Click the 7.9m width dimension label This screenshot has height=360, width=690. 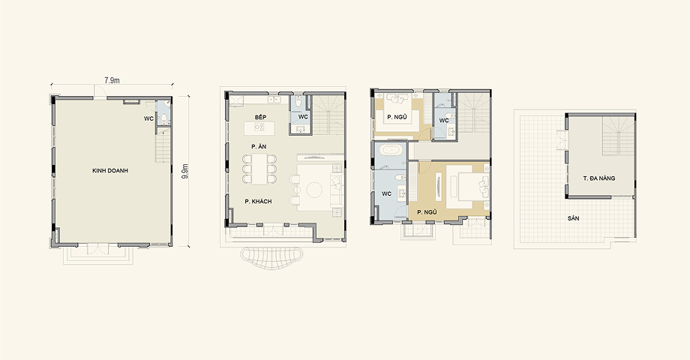(112, 80)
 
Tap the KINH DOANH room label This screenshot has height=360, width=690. (110, 171)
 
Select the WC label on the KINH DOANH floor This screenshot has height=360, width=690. (148, 118)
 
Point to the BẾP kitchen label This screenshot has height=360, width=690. (260, 117)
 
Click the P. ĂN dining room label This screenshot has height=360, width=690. (259, 146)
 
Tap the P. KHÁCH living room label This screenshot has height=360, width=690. (258, 202)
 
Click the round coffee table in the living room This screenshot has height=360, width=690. (315, 190)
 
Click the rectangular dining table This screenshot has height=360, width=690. (259, 169)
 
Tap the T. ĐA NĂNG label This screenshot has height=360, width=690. (599, 178)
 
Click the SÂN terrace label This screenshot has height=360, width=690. (574, 218)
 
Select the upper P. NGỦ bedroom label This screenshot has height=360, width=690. (397, 117)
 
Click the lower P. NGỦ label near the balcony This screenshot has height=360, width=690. (427, 212)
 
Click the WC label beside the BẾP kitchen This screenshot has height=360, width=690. (303, 117)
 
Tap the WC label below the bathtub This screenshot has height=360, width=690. (387, 193)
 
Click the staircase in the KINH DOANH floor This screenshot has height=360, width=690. (163, 148)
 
